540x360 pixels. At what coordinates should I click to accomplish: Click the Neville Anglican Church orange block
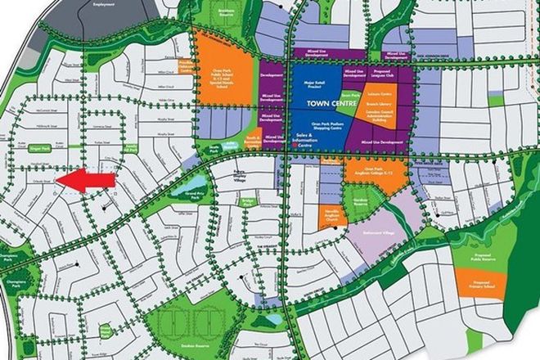[x=331, y=214]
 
